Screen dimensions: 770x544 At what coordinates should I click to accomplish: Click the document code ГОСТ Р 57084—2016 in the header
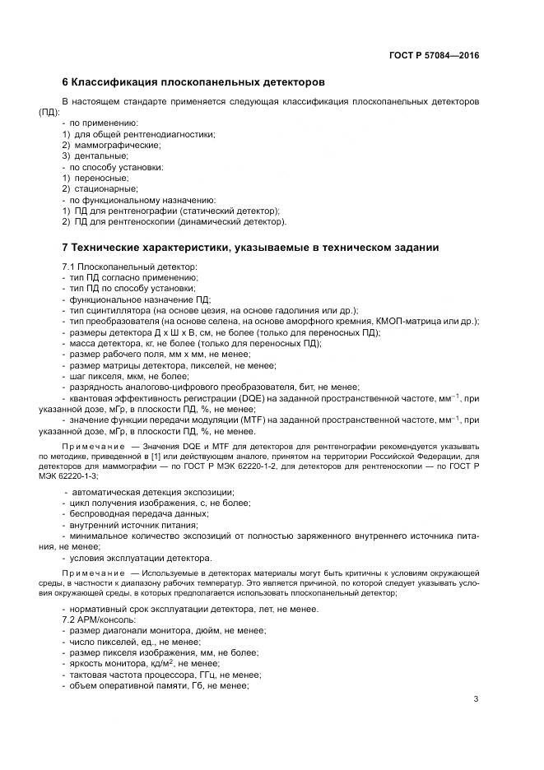pos(434,56)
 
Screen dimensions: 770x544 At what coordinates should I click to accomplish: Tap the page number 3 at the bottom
pos(476,699)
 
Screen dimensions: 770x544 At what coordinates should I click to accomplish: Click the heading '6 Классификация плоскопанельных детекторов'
pos(193,83)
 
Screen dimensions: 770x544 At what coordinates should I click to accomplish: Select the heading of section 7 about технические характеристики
pos(250,248)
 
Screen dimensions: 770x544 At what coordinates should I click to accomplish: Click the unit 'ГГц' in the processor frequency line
pos(201,674)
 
